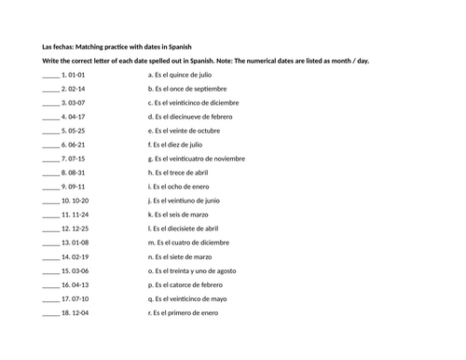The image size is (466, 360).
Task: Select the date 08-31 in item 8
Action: click(75, 172)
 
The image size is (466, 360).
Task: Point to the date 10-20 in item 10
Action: click(77, 200)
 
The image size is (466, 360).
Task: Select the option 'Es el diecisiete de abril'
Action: click(190, 228)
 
